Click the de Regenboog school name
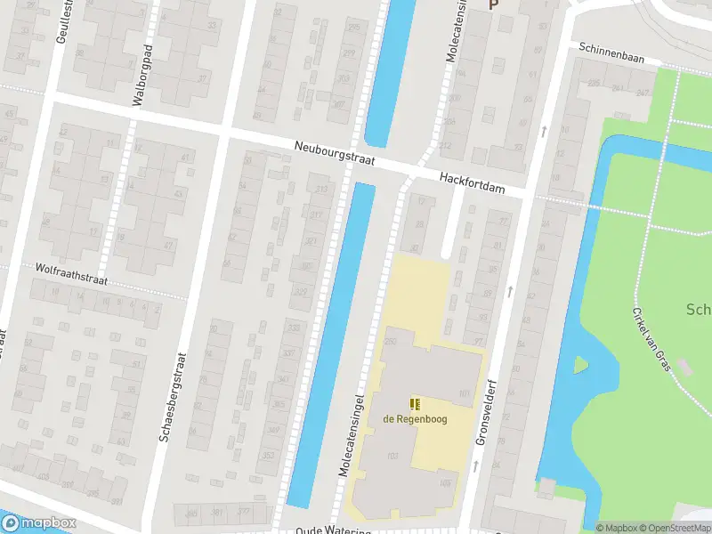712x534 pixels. pos(414,419)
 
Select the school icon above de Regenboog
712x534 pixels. pos(415,403)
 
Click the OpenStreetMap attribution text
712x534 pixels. pos(676,528)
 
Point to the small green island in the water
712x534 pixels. pos(580,364)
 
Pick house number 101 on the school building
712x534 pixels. pos(464,393)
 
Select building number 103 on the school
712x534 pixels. pos(446,483)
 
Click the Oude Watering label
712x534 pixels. pos(334,530)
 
